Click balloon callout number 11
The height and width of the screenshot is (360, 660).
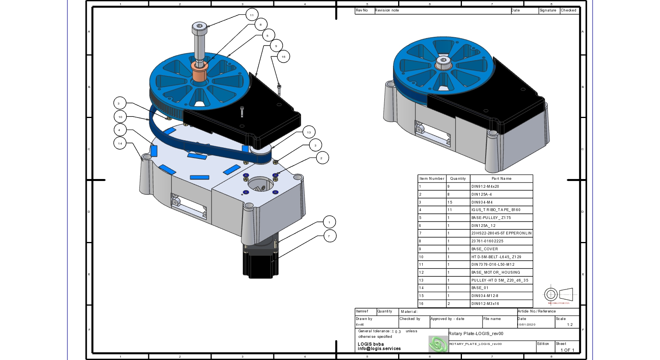click(252, 15)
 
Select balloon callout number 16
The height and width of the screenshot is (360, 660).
click(283, 57)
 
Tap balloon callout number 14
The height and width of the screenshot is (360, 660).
click(120, 143)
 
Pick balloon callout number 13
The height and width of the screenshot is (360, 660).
click(309, 132)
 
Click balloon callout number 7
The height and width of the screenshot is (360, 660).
click(329, 236)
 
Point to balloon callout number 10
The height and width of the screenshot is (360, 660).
click(120, 117)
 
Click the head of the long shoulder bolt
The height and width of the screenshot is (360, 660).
click(200, 28)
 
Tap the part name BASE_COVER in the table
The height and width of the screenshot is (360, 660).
click(485, 249)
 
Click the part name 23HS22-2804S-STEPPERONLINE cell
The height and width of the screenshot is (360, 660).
click(501, 233)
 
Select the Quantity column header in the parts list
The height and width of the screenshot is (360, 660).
click(458, 179)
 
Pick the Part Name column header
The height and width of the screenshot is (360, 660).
click(501, 179)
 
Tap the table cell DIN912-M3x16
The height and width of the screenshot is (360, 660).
click(485, 304)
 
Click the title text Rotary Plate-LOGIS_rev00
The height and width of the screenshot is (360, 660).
click(476, 333)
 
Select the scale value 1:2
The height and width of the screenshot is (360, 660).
click(570, 325)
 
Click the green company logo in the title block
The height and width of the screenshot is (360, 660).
click(438, 344)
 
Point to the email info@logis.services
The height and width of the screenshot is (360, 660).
click(379, 349)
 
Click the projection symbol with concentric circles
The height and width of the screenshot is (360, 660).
click(551, 294)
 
